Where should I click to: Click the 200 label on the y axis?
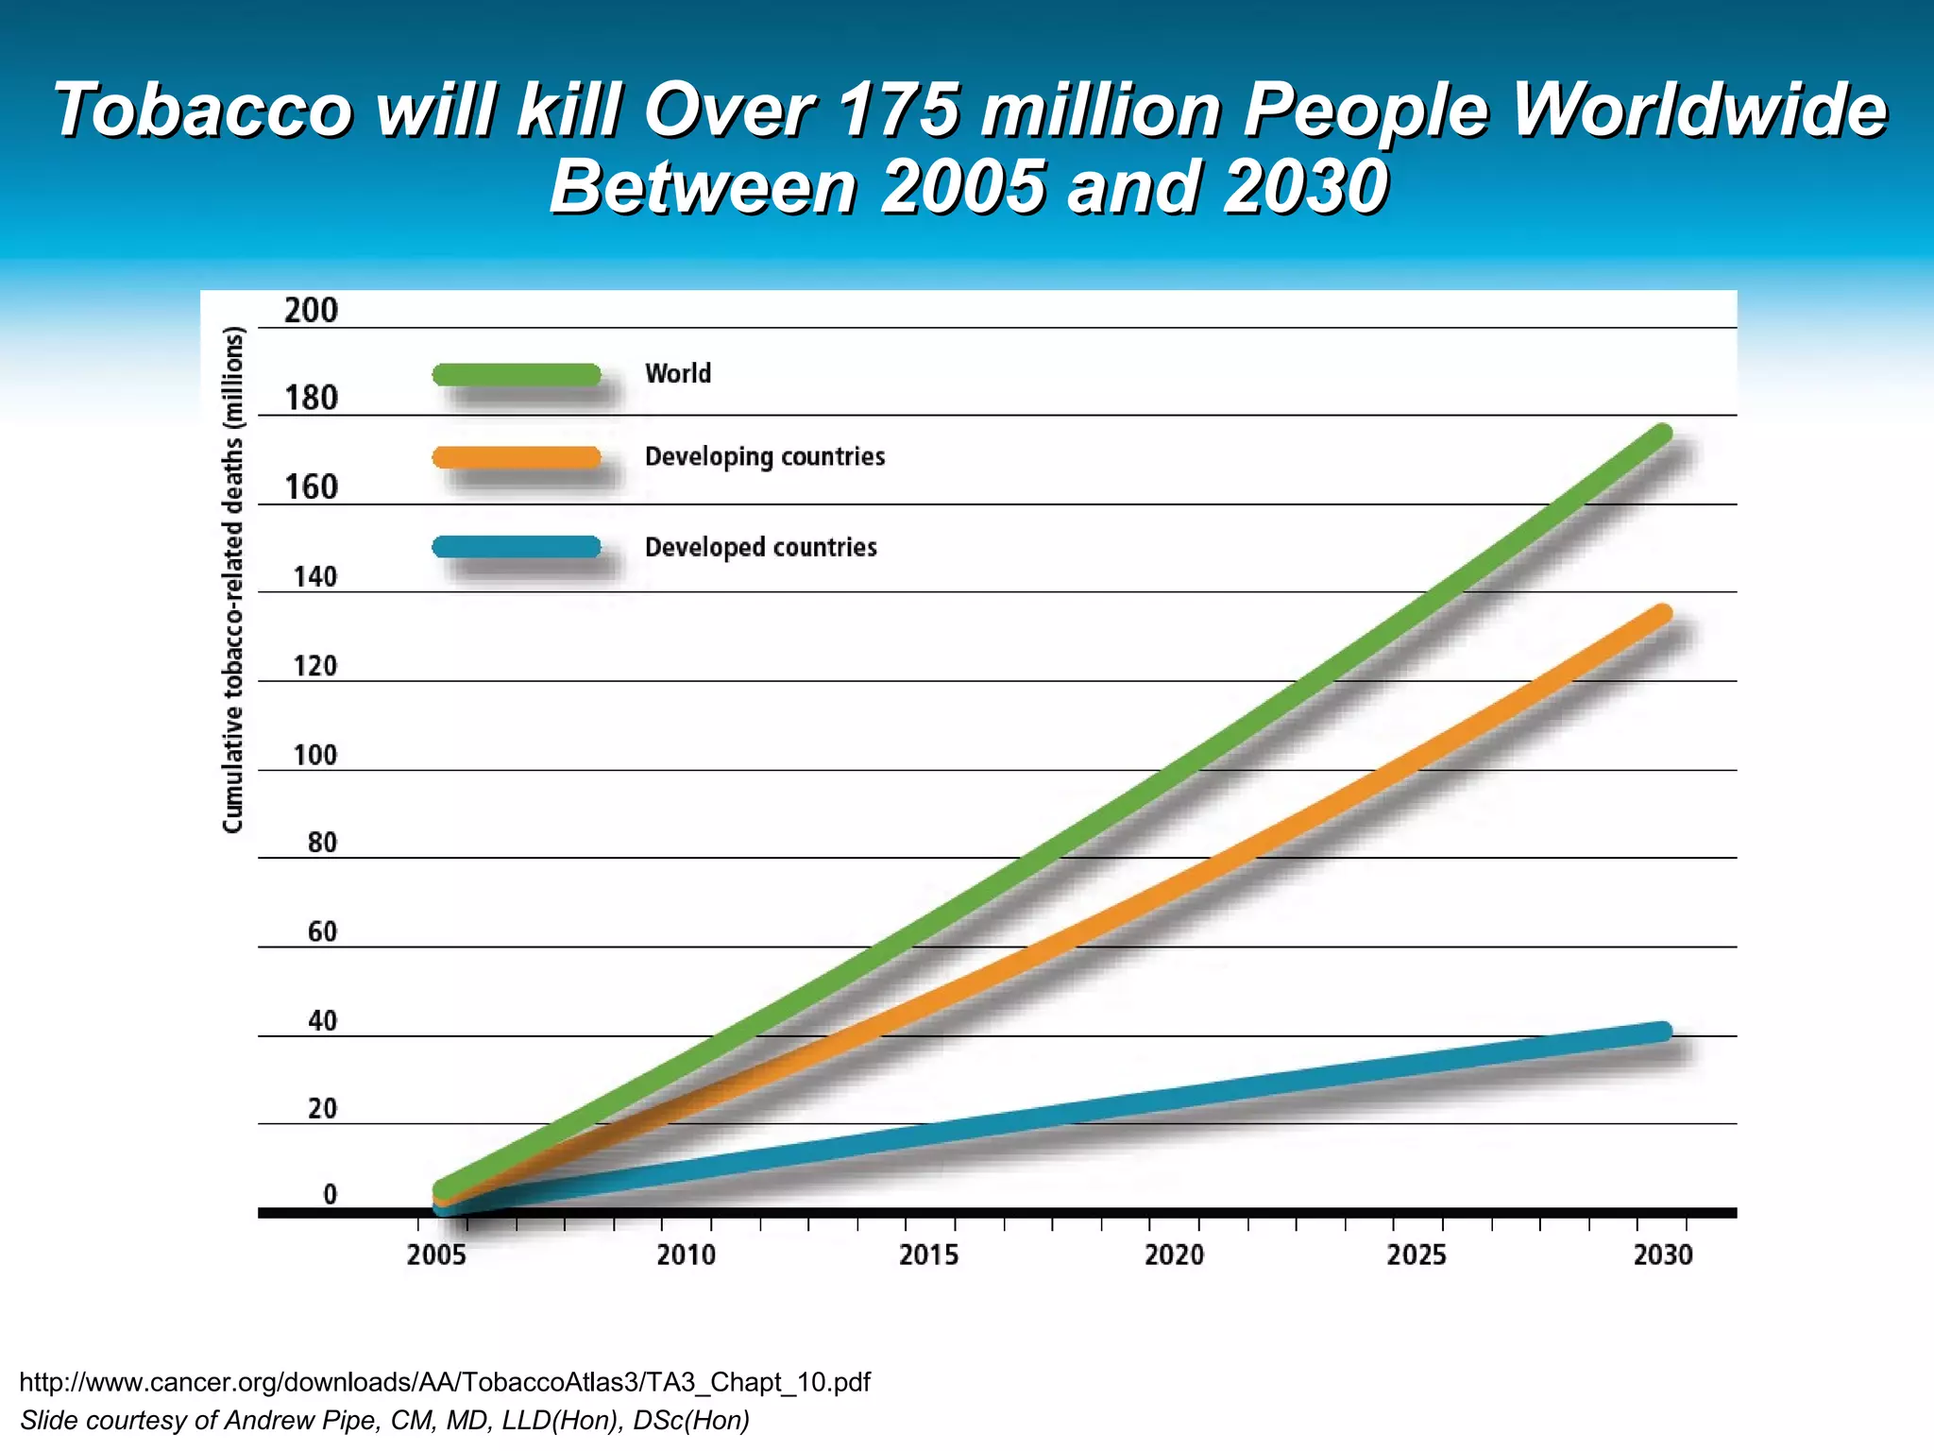[x=311, y=311]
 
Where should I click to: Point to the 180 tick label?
[x=311, y=399]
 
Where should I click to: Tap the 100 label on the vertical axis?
[x=314, y=756]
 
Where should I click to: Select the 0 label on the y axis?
[x=330, y=1195]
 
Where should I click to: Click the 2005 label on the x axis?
[x=436, y=1255]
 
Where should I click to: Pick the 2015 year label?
[x=928, y=1255]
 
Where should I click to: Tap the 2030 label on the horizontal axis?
[x=1663, y=1255]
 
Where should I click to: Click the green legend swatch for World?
[x=517, y=375]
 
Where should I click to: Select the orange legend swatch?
[x=517, y=458]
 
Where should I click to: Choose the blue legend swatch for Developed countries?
[x=517, y=547]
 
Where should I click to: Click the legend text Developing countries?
[x=765, y=457]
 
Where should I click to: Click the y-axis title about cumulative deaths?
[x=233, y=579]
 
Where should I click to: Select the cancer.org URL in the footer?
[x=445, y=1382]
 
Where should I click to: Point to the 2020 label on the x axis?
[x=1174, y=1255]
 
